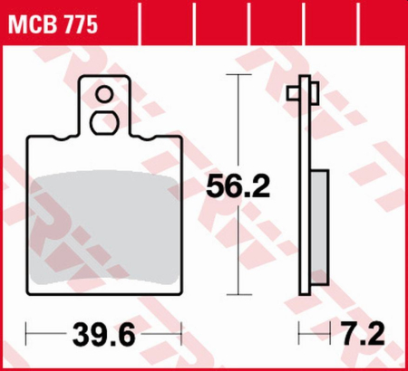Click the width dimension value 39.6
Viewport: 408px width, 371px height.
[104, 338]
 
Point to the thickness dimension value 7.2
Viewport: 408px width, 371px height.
[367, 338]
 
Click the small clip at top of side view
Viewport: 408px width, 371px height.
[302, 91]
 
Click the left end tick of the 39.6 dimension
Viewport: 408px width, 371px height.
[27, 337]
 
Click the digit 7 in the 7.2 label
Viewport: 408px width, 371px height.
[353, 338]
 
